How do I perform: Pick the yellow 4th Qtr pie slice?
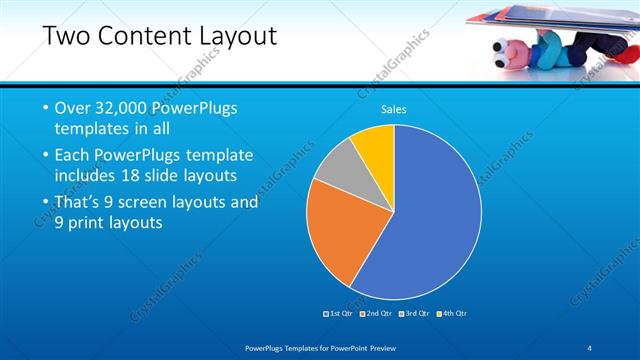[376, 144]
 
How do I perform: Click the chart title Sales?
[394, 109]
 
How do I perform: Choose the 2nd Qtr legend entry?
[376, 313]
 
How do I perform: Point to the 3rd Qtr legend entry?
[414, 313]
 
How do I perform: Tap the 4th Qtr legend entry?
[452, 313]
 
